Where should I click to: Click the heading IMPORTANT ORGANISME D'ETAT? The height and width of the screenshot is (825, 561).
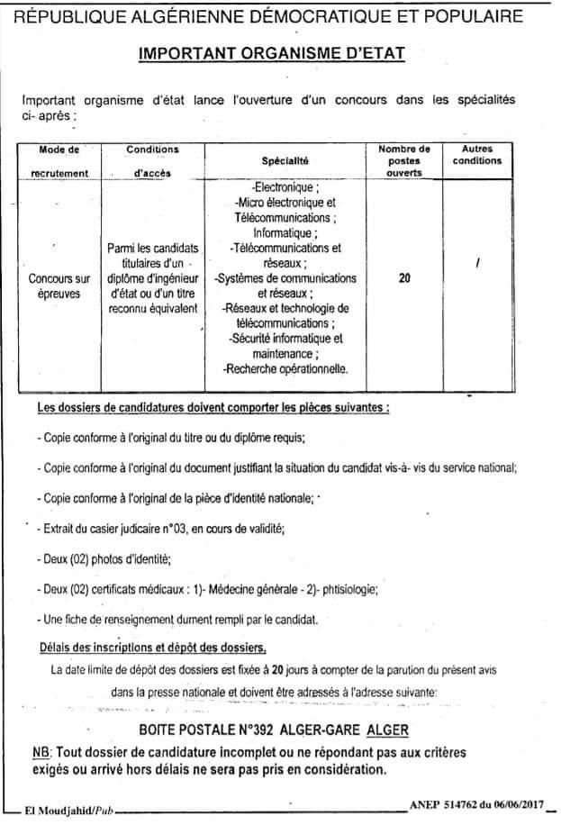[272, 55]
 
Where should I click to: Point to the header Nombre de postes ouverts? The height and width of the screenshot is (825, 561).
[404, 160]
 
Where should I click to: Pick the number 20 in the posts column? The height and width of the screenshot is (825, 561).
[404, 279]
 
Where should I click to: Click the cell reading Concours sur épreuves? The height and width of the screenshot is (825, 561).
[59, 286]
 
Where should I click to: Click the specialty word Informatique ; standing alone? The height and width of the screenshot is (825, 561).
[285, 233]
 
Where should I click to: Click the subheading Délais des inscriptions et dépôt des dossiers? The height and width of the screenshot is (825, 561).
[151, 648]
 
